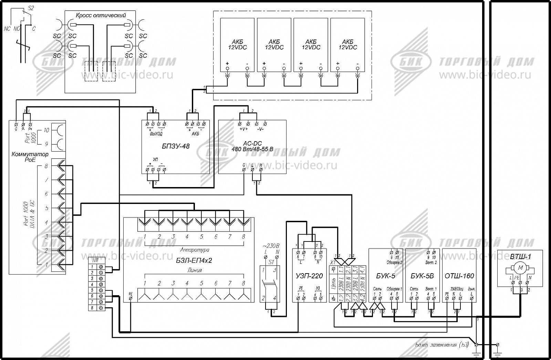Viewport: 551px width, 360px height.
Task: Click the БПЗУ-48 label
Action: (176, 146)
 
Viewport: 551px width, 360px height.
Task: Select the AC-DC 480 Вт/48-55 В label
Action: (252, 146)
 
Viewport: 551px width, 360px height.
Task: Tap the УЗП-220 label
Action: (309, 276)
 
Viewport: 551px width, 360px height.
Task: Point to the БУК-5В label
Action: (422, 276)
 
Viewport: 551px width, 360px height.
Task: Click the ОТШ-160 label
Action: (459, 276)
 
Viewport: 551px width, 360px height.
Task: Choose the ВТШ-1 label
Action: (520, 257)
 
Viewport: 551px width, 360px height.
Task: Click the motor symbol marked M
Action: (520, 267)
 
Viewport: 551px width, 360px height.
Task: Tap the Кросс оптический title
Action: (101, 15)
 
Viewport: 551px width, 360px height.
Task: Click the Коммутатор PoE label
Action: (30, 157)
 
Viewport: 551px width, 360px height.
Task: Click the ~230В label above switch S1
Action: (271, 246)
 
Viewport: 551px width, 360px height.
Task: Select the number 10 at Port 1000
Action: (46, 131)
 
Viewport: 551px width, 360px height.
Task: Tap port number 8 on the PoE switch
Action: (46, 166)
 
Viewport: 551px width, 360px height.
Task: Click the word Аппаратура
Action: (195, 250)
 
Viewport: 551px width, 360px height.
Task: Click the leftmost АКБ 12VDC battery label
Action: (237, 44)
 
